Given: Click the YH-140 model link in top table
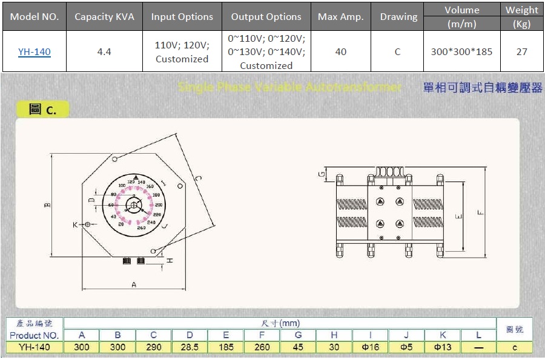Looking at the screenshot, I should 35,52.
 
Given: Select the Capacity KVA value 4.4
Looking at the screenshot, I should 104,52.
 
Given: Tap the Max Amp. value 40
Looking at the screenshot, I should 341,52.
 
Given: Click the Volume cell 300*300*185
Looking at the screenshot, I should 461,52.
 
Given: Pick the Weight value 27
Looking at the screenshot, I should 521,52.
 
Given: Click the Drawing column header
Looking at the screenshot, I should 398,17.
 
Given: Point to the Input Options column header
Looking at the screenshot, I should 182,17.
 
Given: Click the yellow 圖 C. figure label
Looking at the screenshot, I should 42,110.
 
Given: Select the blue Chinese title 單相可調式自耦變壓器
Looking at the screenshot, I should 483,88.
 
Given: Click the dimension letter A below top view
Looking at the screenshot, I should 133,284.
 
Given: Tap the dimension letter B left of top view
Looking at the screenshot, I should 47,206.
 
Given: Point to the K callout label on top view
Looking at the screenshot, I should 76,224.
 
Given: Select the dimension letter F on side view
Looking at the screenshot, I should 480,212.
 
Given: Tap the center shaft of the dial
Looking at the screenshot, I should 133,205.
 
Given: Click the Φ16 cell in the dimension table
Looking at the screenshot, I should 370,347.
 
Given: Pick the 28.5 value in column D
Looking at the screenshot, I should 190,347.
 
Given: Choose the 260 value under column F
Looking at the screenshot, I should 262,347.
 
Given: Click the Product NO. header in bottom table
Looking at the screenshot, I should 35,335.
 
